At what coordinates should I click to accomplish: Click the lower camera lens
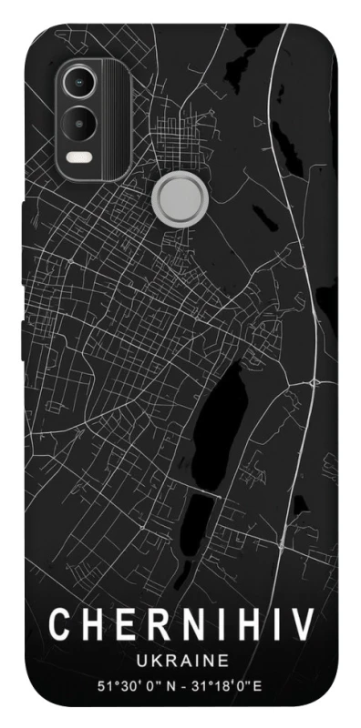coord(79,120)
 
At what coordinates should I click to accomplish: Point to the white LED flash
coord(79,156)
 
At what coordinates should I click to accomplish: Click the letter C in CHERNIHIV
coord(60,624)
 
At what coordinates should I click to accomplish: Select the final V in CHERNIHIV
coord(302,624)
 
